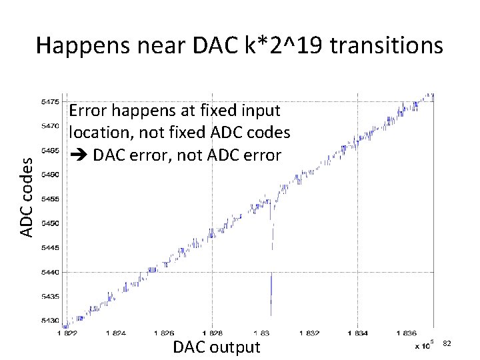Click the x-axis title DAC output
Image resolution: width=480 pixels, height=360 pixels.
click(x=216, y=347)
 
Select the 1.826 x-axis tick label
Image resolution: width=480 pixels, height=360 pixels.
click(x=163, y=333)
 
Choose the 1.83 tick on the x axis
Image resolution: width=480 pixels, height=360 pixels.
click(x=261, y=333)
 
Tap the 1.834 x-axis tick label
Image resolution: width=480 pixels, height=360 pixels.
click(x=358, y=333)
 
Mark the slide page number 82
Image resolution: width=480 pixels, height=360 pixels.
click(x=447, y=343)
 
